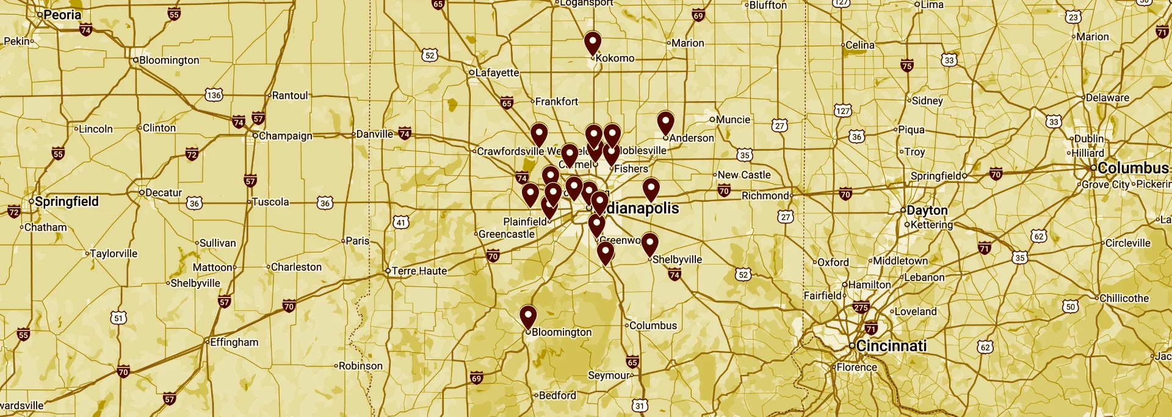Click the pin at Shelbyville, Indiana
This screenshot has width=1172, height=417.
tap(649, 244)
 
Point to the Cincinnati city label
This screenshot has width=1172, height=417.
tap(891, 346)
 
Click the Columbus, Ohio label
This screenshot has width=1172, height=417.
tap(1132, 168)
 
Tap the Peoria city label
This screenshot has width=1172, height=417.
tap(62, 15)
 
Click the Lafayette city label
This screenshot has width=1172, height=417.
tap(497, 73)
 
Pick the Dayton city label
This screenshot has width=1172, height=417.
tap(927, 210)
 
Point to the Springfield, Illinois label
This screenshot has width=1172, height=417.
tap(66, 201)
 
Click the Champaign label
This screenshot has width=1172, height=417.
tap(285, 136)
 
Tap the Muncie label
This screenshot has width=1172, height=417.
tap(733, 119)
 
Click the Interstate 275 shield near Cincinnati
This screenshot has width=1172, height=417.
tap(861, 307)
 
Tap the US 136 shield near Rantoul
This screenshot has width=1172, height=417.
tap(214, 95)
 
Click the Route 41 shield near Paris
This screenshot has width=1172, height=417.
tap(400, 222)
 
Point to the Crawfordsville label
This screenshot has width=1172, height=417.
tap(510, 151)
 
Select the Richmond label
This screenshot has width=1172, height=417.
tap(765, 196)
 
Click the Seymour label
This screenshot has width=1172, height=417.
tap(608, 376)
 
